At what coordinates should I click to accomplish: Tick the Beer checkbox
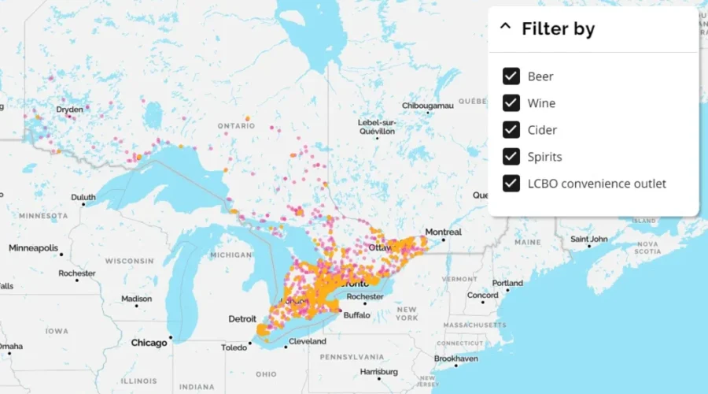click(511, 76)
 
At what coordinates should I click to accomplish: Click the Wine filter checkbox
click(511, 103)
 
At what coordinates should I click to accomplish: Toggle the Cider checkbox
click(511, 130)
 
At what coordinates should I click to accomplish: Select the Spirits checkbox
click(511, 157)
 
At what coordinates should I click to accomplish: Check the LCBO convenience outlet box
click(511, 184)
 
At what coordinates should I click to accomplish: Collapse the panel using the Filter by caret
click(505, 28)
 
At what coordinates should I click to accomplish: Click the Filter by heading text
click(558, 29)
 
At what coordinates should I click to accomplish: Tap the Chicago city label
click(149, 343)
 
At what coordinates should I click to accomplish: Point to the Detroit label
click(242, 318)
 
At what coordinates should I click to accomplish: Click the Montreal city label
click(443, 232)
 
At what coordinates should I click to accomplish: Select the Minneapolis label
click(33, 248)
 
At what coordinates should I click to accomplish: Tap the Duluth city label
click(83, 197)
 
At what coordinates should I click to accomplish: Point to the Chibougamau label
click(428, 105)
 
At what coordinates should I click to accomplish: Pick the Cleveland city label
click(307, 341)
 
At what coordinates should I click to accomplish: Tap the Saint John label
click(590, 239)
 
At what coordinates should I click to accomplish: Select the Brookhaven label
click(455, 359)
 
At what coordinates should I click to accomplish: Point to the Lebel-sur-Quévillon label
click(378, 127)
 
